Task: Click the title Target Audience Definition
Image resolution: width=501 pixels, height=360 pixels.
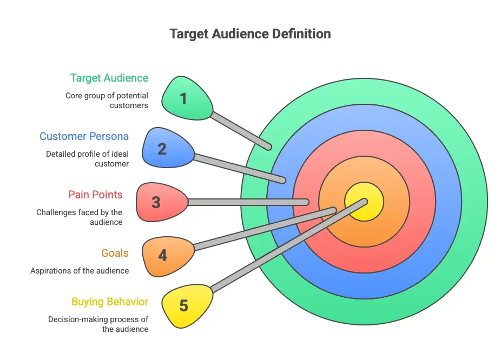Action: (x=250, y=34)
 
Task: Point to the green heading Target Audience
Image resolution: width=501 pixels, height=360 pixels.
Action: (x=109, y=78)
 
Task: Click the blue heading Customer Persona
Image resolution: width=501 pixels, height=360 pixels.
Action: (x=84, y=136)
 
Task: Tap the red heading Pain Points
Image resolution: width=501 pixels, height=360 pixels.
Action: (x=95, y=195)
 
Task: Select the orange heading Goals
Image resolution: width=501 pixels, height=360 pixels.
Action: (x=115, y=253)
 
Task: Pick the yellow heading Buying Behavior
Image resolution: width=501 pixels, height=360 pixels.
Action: (x=110, y=302)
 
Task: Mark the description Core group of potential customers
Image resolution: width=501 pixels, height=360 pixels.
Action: (x=107, y=101)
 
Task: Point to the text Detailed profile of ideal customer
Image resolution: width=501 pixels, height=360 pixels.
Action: (x=88, y=158)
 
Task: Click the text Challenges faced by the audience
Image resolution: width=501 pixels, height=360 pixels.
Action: (x=80, y=217)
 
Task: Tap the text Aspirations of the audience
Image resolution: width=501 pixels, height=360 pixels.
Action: (x=80, y=270)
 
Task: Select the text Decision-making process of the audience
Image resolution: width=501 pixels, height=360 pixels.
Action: (x=98, y=324)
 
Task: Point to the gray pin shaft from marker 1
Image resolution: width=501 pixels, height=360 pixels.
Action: (x=240, y=130)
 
